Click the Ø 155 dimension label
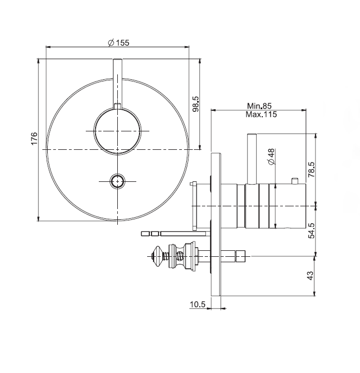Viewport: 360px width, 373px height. pos(118,43)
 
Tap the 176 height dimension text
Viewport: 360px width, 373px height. pos(34,138)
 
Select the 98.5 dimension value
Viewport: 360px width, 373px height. pos(195,104)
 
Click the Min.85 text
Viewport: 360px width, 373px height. pos(259,106)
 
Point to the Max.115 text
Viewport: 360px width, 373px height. pos(261,115)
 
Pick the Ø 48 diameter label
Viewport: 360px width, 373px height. pos(271,157)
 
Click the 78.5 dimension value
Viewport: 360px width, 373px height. pos(311,169)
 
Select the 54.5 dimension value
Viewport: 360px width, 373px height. pos(311,231)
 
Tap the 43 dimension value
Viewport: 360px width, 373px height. pos(311,275)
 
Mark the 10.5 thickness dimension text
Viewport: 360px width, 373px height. pos(197,304)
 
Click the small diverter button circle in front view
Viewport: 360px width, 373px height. pos(117,181)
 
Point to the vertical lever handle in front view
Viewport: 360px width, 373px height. pos(117,84)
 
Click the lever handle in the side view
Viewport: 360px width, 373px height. pos(252,159)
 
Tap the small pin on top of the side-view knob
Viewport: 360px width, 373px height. pos(295,181)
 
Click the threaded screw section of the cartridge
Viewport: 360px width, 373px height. pos(166,256)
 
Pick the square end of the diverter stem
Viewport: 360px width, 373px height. pos(240,256)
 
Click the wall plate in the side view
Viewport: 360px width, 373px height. pos(216,225)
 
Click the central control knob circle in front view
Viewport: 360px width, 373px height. pos(117,131)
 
